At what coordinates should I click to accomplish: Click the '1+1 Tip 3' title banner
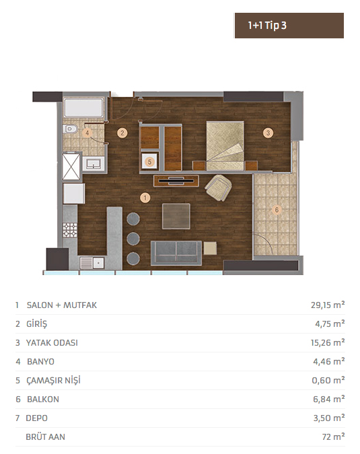289,26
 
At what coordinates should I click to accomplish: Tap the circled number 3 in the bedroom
268,133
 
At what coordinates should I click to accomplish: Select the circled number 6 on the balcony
277,210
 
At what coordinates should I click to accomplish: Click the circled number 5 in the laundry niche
150,161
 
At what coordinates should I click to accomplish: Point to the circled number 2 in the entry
122,133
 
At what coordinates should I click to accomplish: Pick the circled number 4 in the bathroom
87,133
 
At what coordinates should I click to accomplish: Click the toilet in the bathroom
70,129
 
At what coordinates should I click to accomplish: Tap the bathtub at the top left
83,108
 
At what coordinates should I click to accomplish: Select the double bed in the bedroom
225,145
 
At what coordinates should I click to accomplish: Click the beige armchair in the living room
219,188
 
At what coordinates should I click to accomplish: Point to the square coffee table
176,216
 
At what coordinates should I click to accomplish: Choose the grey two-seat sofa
176,253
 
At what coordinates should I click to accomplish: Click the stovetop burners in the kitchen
70,230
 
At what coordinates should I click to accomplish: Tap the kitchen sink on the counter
92,263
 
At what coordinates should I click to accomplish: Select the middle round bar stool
133,239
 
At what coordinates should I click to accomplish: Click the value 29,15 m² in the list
328,305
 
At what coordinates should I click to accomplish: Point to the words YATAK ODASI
52,343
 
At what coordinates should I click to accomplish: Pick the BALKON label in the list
43,400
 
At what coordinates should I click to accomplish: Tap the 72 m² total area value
333,437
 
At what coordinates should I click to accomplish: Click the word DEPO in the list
36,418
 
